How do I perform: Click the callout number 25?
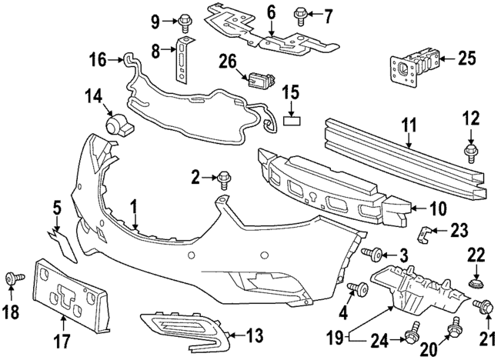(467, 58)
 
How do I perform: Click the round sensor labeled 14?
(117, 123)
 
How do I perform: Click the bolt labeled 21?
(485, 308)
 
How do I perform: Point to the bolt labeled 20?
(454, 323)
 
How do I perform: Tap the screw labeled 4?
(356, 289)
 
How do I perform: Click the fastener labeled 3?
(377, 253)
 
